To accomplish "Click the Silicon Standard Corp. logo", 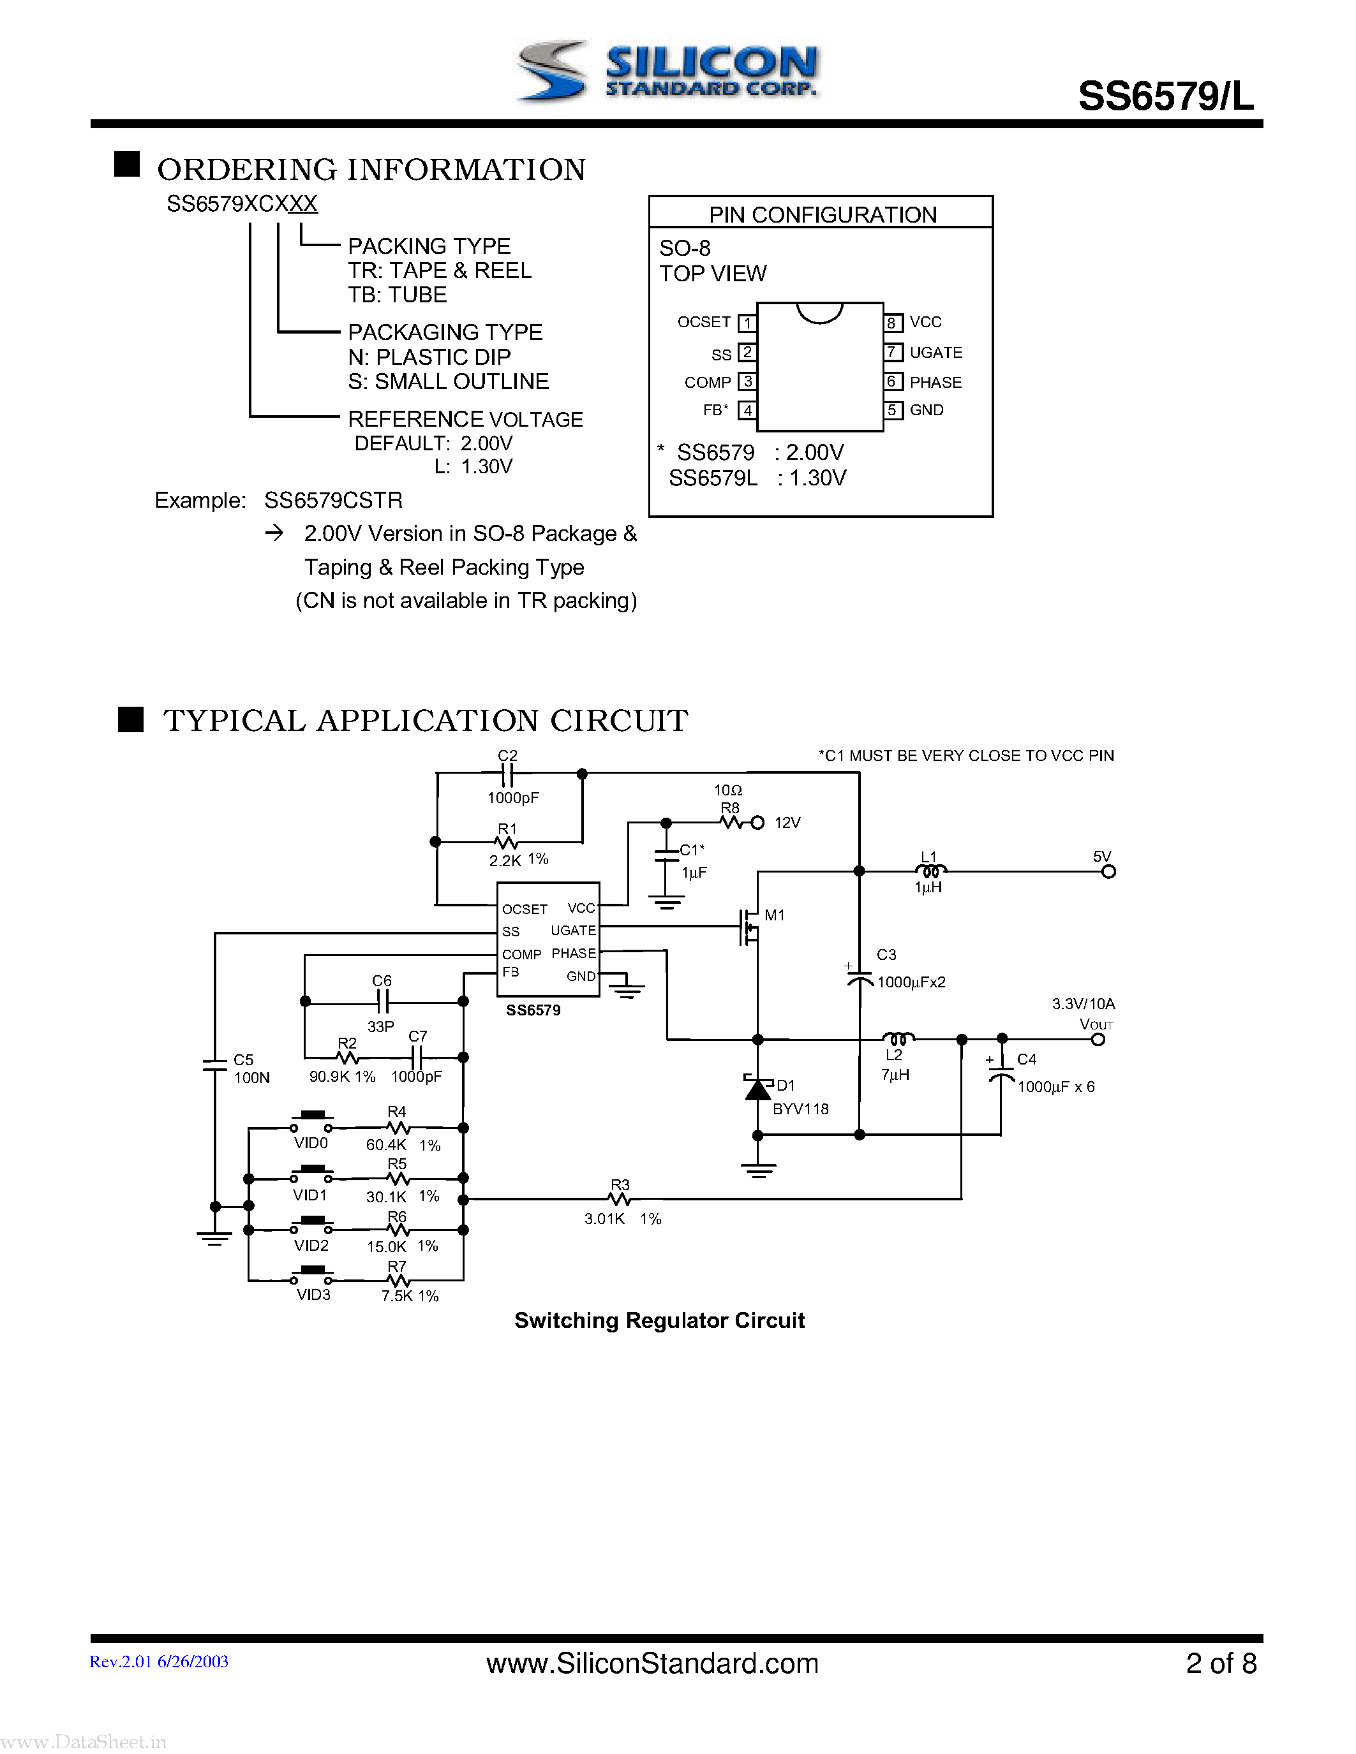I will click(x=667, y=72).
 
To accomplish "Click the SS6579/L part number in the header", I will click(x=1165, y=97).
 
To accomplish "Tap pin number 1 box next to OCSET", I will click(x=747, y=323).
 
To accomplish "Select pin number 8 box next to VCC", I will click(x=891, y=323).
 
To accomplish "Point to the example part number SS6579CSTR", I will click(x=333, y=500).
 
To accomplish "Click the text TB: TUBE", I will click(x=397, y=295).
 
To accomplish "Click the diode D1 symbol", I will click(x=757, y=1088).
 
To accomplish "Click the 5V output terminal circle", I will click(x=1108, y=872).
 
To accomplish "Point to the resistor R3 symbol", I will click(x=620, y=1199).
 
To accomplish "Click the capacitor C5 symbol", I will click(x=214, y=1065).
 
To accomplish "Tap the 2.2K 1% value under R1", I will click(x=518, y=859).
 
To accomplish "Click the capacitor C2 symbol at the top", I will click(x=507, y=774).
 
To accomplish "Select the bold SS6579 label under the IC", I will click(x=533, y=1010).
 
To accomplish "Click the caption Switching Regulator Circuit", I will click(x=659, y=1321).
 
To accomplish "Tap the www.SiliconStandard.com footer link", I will click(x=652, y=1663).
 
